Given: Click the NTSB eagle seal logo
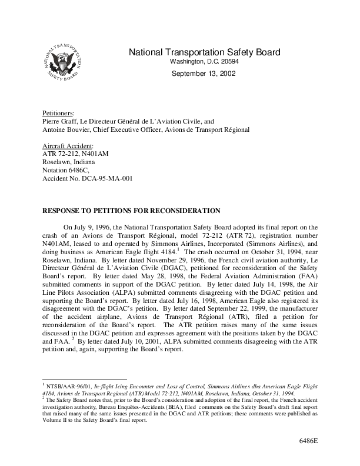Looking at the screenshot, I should pos(62,62).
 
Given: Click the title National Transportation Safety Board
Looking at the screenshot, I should pos(204,52).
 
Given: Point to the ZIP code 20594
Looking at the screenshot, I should pos(229,62).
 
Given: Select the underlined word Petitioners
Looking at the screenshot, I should pos(58,112).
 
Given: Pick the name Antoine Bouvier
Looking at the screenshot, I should pos(65,129).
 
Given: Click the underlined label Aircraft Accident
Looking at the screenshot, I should pos(68,146).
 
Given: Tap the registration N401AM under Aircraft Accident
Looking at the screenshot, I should pos(94,154).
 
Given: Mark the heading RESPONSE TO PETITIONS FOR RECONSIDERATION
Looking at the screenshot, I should pos(131,211).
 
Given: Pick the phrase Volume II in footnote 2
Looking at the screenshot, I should pos(58,421).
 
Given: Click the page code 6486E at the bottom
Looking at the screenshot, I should pos(307,441).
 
